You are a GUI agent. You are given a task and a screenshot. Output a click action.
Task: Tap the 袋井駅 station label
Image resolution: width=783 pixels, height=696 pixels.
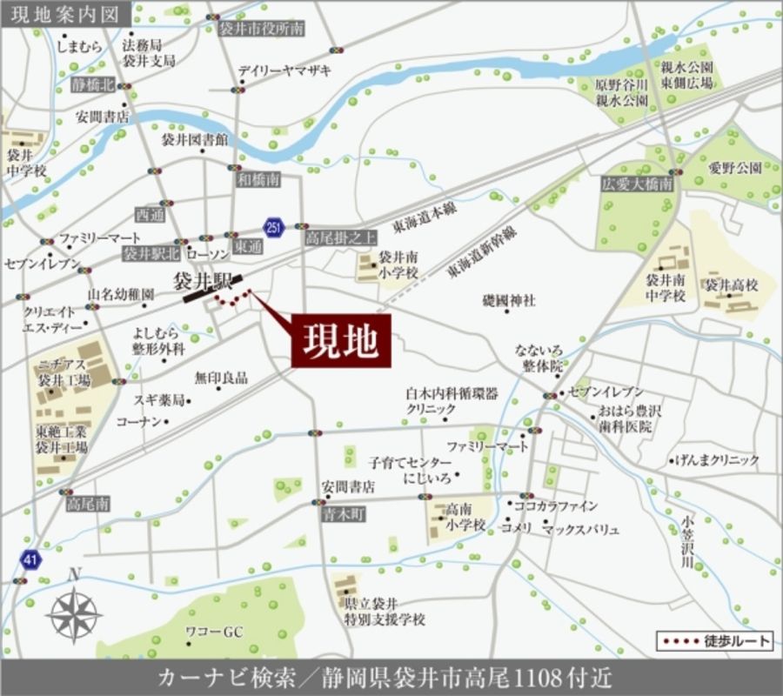point(202,280)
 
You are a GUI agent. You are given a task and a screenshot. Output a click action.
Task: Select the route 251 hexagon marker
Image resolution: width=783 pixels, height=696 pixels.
point(274,226)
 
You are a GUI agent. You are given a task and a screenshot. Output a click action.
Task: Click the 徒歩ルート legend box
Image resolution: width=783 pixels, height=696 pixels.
point(714,641)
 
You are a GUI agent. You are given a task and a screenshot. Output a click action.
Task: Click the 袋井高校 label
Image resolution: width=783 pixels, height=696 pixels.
point(732,284)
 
